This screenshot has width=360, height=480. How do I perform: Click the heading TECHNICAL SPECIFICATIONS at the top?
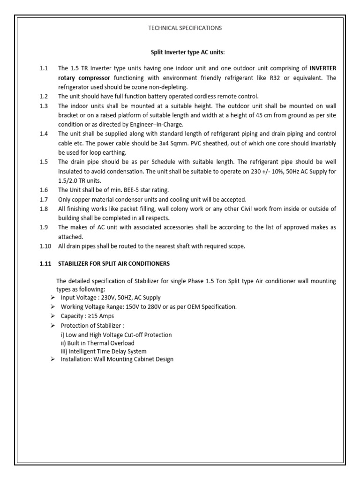pyautogui.click(x=185, y=28)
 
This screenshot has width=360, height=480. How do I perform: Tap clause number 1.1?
pyautogui.click(x=44, y=68)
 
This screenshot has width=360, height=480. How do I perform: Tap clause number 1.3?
pyautogui.click(x=44, y=106)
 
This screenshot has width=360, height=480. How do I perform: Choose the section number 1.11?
pyautogui.click(x=45, y=263)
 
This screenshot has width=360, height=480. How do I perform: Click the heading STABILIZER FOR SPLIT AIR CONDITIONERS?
pyautogui.click(x=114, y=263)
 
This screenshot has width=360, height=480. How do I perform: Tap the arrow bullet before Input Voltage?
pyautogui.click(x=53, y=298)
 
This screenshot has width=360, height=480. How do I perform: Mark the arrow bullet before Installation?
pyautogui.click(x=53, y=359)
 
